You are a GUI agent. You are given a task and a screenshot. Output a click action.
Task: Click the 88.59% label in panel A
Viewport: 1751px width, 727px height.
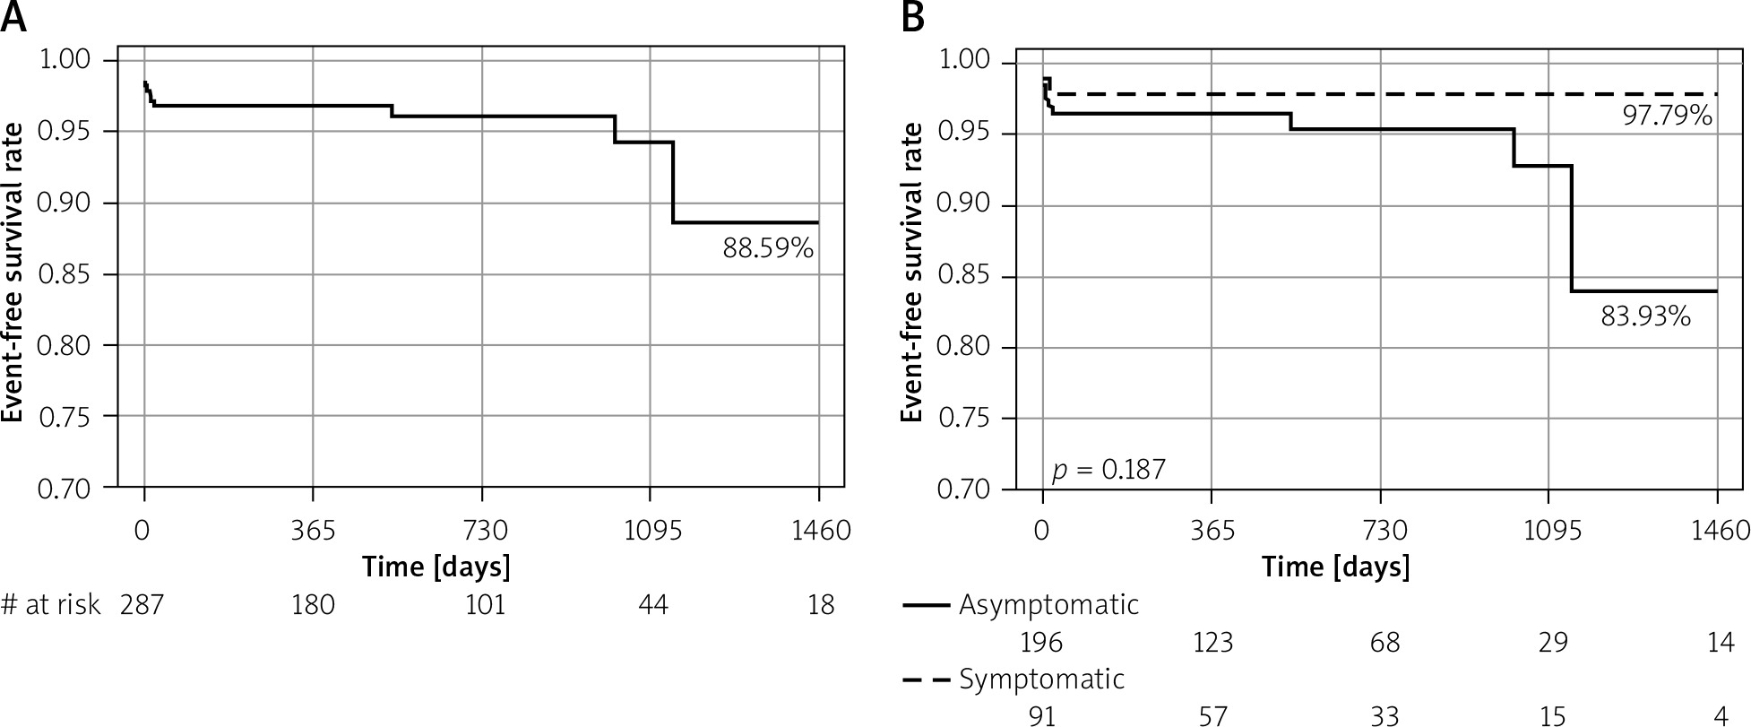pos(768,248)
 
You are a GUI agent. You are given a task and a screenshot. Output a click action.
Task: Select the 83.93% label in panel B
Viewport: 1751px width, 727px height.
pos(1645,316)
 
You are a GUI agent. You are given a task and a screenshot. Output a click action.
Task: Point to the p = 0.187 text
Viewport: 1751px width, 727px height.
pos(1108,469)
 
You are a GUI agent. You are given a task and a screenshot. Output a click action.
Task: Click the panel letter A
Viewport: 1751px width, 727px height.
pos(13,18)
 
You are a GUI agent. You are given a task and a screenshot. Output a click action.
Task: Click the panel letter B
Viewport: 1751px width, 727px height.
pos(913,18)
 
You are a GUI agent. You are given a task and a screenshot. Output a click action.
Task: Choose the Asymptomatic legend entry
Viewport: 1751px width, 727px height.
pos(1048,604)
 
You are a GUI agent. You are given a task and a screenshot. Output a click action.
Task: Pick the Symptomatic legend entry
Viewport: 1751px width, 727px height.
pos(1041,679)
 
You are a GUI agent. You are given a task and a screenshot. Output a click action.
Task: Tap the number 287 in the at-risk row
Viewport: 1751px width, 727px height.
pos(142,605)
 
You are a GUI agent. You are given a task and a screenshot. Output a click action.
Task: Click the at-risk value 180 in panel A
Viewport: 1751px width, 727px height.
pos(313,605)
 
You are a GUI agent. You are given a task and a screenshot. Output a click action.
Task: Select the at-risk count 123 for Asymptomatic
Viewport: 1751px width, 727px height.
pos(1212,643)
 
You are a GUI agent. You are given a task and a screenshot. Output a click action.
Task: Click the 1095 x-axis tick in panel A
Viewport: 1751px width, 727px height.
pos(652,531)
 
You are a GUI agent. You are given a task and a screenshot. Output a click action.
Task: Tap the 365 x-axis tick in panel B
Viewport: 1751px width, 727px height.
pos(1212,531)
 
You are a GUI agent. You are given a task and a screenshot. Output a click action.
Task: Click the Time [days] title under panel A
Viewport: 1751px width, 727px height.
pos(436,567)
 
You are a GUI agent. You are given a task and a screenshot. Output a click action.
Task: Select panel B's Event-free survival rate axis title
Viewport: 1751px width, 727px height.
pos(912,272)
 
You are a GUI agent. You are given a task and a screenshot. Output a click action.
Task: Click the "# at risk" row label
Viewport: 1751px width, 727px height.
pos(51,605)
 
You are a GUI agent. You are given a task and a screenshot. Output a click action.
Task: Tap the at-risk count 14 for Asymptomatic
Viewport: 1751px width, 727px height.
pos(1721,643)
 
